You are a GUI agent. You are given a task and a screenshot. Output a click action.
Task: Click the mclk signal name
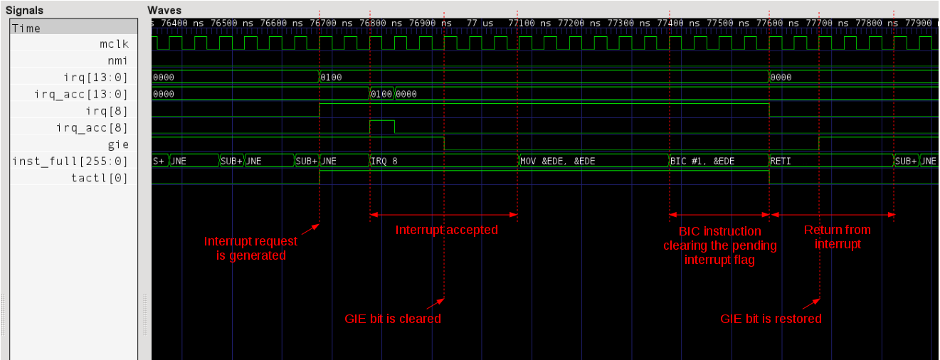(114, 44)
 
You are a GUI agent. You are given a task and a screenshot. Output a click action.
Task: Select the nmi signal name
(118, 60)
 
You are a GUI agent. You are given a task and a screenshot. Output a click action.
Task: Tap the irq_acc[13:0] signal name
(81, 94)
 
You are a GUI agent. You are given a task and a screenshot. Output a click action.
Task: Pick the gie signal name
(118, 144)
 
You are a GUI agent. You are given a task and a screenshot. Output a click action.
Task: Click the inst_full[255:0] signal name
(70, 162)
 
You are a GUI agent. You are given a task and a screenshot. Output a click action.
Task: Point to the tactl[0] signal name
(100, 178)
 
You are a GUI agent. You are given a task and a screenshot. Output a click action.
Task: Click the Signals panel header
(24, 11)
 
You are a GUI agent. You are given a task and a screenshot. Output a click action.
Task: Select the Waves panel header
(164, 11)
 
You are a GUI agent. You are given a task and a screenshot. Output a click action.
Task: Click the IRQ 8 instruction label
(385, 161)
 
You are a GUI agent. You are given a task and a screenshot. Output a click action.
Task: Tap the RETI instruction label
(781, 161)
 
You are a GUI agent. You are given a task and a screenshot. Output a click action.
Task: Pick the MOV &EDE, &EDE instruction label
(558, 161)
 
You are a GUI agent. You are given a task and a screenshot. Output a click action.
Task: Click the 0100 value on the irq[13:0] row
(332, 77)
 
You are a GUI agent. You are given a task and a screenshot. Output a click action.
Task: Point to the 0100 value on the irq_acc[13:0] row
(381, 94)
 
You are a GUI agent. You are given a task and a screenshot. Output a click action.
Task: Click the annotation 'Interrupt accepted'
(447, 230)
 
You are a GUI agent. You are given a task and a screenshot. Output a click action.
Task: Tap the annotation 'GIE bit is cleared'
(393, 319)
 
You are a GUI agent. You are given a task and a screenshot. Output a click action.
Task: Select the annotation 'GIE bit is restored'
(771, 319)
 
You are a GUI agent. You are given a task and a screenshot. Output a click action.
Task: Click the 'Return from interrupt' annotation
(837, 237)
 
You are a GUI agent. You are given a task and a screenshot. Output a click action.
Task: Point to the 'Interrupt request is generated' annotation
(250, 248)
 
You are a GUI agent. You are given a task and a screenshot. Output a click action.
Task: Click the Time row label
(26, 28)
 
